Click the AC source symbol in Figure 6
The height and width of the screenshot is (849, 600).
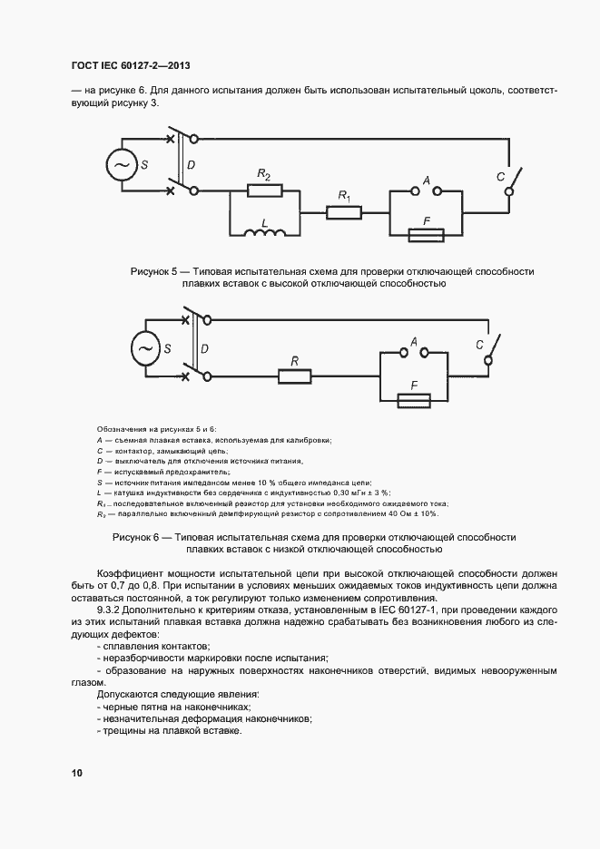(x=145, y=348)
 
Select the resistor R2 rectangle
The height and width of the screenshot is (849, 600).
(x=264, y=191)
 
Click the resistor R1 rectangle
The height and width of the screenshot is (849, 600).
(x=344, y=212)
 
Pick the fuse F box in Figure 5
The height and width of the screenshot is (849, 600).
(x=426, y=234)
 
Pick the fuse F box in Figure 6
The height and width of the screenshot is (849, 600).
(x=413, y=398)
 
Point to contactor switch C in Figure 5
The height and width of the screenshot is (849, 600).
(x=515, y=180)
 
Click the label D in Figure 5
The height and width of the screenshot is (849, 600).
(x=191, y=166)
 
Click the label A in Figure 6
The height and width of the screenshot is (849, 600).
(x=413, y=341)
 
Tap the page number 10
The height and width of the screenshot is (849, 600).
(x=76, y=773)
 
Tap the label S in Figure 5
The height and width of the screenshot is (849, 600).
(x=145, y=165)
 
